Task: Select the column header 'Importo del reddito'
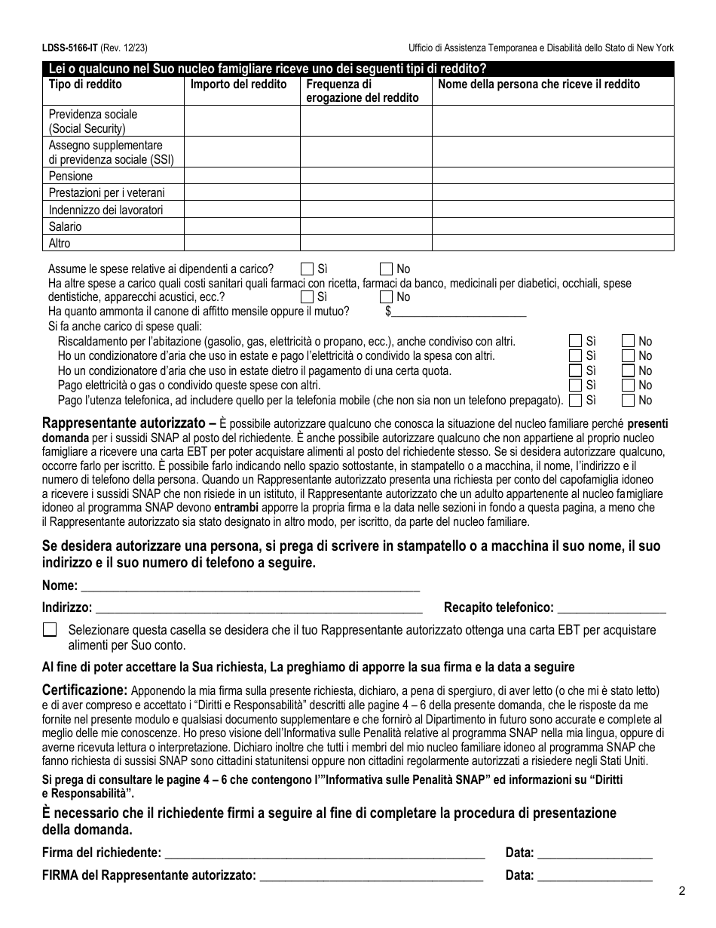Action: [x=238, y=85]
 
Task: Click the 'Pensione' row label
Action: [x=71, y=177]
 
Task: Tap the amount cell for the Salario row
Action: [x=242, y=226]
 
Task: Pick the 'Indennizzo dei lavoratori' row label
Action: [x=106, y=210]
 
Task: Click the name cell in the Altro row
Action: [x=552, y=243]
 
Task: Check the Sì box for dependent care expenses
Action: [x=307, y=269]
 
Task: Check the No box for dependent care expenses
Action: [x=386, y=269]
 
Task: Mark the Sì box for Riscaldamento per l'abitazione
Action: [x=576, y=341]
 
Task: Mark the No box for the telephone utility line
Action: [x=628, y=399]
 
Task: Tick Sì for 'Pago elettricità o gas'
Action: [x=576, y=385]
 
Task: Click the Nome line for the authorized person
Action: [x=249, y=585]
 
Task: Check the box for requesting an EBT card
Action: [x=50, y=630]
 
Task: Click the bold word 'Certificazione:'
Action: [x=84, y=690]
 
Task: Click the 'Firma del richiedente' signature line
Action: [x=324, y=853]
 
